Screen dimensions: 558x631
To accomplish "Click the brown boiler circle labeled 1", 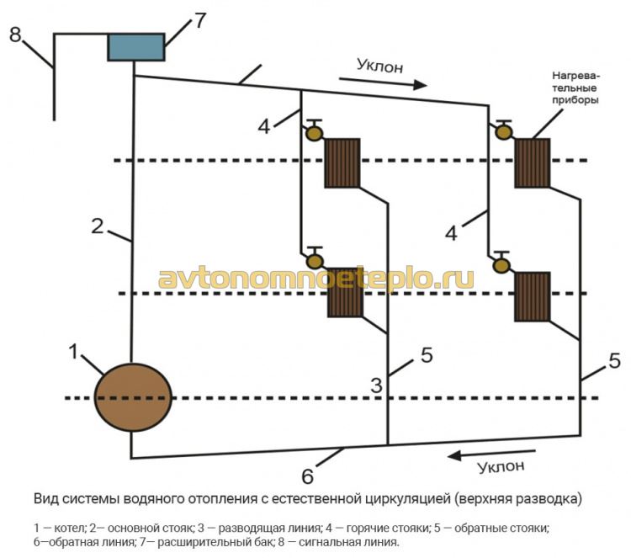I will (132, 399).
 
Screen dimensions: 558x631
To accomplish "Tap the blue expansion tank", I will (135, 46).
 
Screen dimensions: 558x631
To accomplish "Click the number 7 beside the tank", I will (199, 21).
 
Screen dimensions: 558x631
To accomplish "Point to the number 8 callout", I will (14, 35).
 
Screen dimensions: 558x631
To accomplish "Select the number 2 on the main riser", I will (98, 226).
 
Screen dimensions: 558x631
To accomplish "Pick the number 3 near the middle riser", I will (377, 385).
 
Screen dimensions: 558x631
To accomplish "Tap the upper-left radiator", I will (342, 162).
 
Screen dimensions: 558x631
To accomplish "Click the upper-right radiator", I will (532, 162).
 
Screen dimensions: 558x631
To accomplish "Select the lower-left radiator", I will (344, 292).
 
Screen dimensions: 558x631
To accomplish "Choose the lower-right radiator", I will (532, 296).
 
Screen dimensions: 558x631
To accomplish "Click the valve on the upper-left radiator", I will (315, 131).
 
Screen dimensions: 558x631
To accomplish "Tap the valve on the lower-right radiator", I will (502, 263).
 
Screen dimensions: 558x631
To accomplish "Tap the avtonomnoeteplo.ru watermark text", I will (315, 279).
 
